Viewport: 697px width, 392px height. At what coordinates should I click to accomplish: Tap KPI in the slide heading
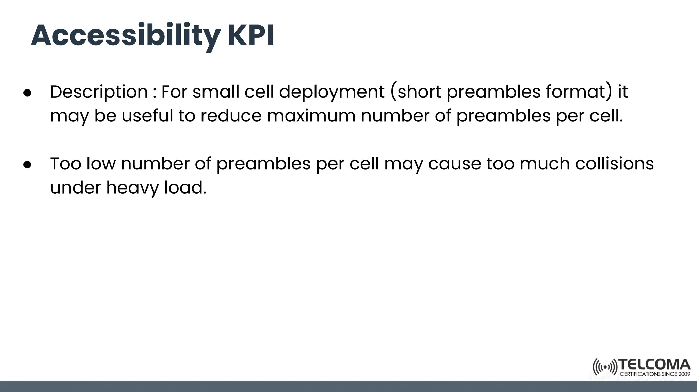(250, 36)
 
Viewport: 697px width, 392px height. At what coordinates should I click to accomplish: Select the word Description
(99, 92)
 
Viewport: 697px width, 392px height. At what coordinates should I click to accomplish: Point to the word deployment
(332, 92)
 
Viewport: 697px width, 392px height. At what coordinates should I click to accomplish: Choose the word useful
(147, 116)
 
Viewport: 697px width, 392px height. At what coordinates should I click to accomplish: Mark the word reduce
(231, 116)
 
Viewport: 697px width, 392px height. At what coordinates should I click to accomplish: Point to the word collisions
(614, 164)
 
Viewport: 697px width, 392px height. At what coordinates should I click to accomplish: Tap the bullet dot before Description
(27, 93)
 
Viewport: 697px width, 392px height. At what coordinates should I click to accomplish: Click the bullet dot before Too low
(27, 164)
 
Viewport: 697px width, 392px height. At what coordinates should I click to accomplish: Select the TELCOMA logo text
(654, 365)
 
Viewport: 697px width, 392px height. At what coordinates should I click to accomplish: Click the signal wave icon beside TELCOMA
(605, 367)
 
